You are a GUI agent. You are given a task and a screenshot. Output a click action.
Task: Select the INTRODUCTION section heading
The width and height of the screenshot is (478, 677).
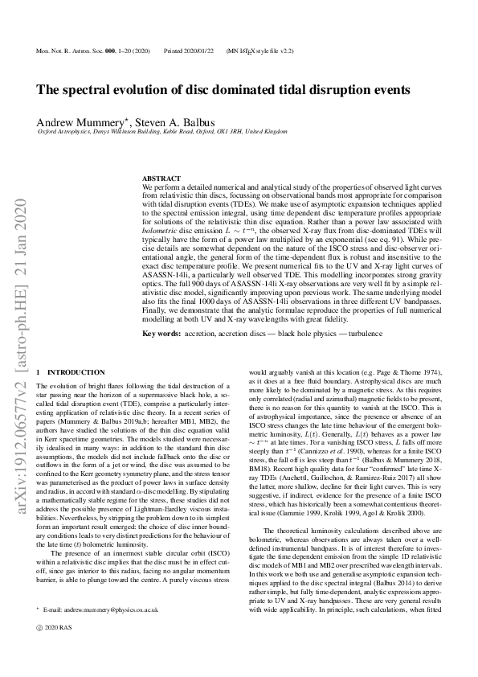(76, 372)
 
